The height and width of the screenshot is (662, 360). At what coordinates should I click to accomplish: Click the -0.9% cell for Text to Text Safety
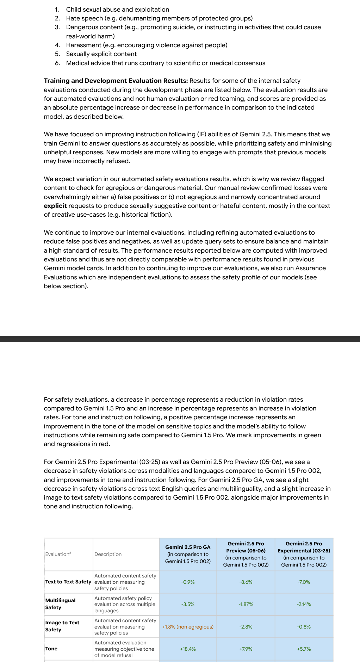pyautogui.click(x=188, y=582)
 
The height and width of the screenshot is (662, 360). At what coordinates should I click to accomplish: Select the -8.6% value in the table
pyautogui.click(x=246, y=582)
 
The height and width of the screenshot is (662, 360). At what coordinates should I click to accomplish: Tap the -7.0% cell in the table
pyautogui.click(x=304, y=582)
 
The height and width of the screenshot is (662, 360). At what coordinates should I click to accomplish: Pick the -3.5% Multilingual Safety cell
pyautogui.click(x=188, y=604)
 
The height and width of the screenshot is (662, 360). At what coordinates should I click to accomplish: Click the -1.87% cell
pyautogui.click(x=246, y=604)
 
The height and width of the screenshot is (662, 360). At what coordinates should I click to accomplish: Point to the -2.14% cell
pyautogui.click(x=304, y=604)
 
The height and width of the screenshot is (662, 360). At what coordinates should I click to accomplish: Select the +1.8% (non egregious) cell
pyautogui.click(x=188, y=627)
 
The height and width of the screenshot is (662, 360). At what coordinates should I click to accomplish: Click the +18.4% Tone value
pyautogui.click(x=188, y=649)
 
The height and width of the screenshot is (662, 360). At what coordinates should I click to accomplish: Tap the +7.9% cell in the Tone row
pyautogui.click(x=246, y=649)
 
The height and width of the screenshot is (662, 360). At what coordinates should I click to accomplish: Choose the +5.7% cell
pyautogui.click(x=304, y=649)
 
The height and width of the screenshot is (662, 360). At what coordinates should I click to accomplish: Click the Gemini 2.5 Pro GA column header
pyautogui.click(x=188, y=554)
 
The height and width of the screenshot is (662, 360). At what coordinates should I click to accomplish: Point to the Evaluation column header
pyautogui.click(x=58, y=554)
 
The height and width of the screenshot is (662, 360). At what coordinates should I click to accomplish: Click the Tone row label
pyautogui.click(x=51, y=649)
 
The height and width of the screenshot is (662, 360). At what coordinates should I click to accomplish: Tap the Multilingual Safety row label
pyautogui.click(x=60, y=604)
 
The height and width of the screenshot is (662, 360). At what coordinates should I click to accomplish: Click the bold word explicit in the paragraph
pyautogui.click(x=55, y=206)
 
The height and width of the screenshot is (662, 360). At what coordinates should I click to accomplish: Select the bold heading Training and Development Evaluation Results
pyautogui.click(x=116, y=81)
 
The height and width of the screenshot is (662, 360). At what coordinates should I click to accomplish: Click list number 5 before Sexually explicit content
pyautogui.click(x=57, y=54)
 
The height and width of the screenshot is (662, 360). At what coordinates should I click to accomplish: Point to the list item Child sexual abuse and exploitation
pyautogui.click(x=118, y=10)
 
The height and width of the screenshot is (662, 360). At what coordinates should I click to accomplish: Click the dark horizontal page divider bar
pyautogui.click(x=180, y=339)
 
